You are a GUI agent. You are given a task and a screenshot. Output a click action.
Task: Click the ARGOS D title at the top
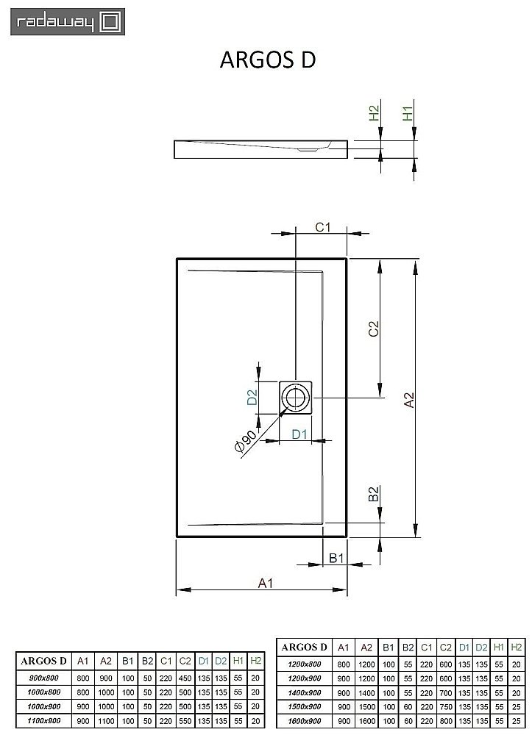[x=268, y=60]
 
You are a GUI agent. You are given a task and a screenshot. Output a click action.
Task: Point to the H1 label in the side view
[x=408, y=114]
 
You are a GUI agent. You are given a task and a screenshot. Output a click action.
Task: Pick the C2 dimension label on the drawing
[x=373, y=329]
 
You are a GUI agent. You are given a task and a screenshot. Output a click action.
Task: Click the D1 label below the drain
[x=299, y=434]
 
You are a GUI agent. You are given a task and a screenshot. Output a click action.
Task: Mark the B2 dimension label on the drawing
[x=373, y=495]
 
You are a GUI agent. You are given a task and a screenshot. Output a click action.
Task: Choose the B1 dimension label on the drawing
[x=336, y=559]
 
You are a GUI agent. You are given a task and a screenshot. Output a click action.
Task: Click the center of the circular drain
[x=296, y=398]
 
